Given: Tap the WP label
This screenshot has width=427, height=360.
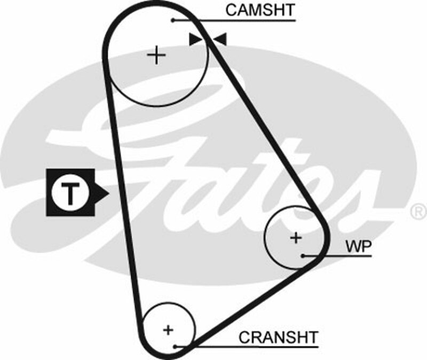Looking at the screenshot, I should pos(358,246).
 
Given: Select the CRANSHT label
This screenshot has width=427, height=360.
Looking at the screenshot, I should pos(278,338).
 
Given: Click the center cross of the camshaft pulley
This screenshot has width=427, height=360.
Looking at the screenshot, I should pos(156,55).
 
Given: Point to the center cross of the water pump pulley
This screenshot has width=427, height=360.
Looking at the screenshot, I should pos(296,238).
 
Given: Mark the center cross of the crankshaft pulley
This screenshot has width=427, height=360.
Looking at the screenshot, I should pos(168,329).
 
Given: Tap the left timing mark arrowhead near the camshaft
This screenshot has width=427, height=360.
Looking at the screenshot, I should pos(195,39).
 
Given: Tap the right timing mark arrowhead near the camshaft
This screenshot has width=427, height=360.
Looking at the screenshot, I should pos(220,39).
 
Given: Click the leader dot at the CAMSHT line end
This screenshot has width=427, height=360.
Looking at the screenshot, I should pos(174,20).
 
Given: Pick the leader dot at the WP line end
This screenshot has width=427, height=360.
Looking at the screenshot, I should pos(303,256).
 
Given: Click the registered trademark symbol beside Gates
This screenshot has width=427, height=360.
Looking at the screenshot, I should pos(417,212).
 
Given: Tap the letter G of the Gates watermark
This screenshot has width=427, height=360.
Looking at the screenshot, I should pos(133,160).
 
